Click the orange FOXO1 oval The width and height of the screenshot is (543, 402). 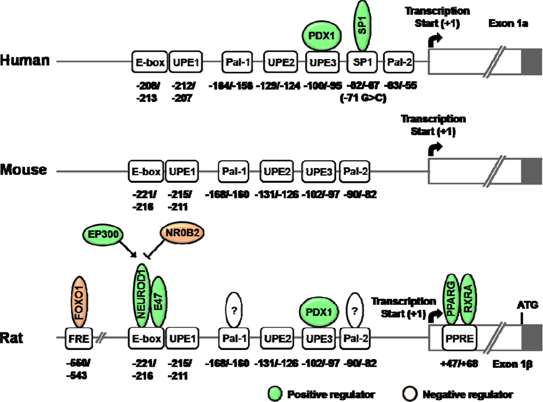tap(80, 298)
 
